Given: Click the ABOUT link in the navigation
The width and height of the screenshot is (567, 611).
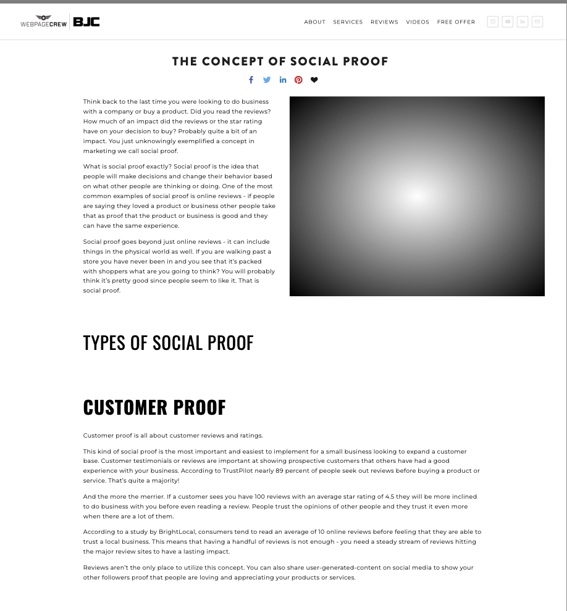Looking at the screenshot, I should (314, 22).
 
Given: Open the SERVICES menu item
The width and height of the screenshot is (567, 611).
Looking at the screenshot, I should (348, 22).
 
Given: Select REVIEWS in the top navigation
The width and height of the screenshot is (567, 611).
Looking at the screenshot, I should (384, 22).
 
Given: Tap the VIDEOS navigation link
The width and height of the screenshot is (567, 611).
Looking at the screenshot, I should (418, 22).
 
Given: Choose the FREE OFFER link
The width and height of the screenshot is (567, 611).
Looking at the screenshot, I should (456, 22).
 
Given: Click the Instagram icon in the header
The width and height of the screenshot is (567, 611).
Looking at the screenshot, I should (492, 22).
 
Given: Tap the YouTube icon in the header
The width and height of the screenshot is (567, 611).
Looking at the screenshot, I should (508, 22).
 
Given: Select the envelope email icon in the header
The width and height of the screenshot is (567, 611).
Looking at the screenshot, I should (537, 22).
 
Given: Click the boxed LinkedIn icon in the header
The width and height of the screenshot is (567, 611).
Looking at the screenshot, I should (523, 22).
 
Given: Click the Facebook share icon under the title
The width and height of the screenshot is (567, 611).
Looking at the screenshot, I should (251, 80).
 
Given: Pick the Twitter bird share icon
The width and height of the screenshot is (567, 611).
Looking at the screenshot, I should (267, 80).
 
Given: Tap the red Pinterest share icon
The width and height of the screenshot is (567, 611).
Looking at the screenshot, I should (298, 80).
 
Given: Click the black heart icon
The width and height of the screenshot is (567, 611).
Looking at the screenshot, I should (314, 80).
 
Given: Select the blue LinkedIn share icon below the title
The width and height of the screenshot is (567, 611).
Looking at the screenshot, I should (283, 80).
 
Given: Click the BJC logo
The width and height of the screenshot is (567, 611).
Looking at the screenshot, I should (86, 22).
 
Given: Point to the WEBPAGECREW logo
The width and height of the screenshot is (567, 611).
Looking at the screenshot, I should (43, 22).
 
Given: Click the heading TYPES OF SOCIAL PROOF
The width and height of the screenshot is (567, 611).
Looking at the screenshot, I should (168, 343).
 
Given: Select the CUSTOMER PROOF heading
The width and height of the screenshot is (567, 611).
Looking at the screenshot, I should (154, 407).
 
